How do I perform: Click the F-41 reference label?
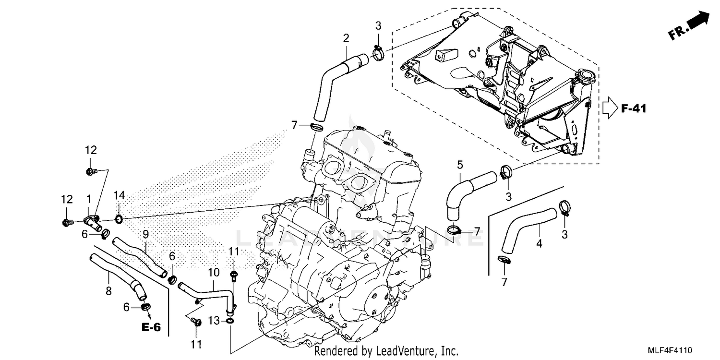point(634,109)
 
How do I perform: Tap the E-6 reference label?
point(151,327)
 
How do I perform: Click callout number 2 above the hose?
point(346,38)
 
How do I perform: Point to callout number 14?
point(119,195)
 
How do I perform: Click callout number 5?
point(460,166)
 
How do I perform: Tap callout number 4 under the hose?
point(539,244)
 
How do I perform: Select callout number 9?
point(145,235)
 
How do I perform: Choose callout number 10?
point(214,273)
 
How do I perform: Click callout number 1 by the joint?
point(88,198)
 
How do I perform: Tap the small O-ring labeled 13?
point(230,320)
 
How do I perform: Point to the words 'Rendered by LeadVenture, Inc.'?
point(386,351)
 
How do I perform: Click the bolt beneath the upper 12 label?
point(90,171)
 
